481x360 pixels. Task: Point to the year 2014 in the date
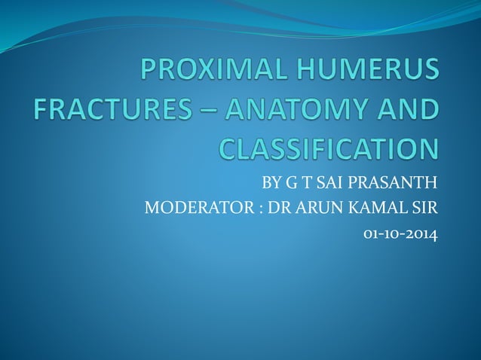421,233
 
